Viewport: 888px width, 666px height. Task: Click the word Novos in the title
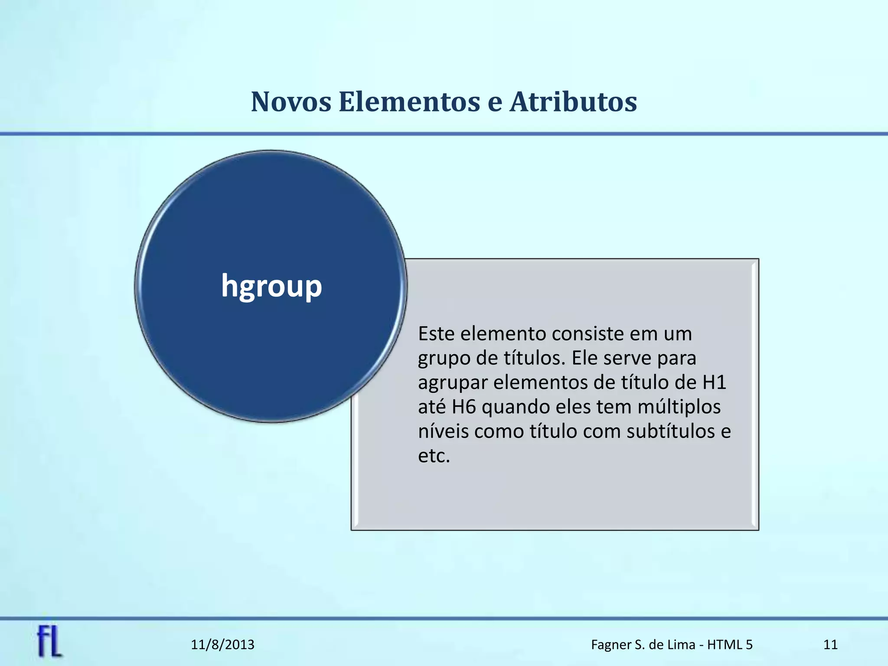[291, 102]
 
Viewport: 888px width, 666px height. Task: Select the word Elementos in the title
[409, 102]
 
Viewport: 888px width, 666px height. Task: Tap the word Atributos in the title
[573, 102]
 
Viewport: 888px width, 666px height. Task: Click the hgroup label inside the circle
[271, 286]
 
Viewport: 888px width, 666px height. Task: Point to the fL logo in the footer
[49, 642]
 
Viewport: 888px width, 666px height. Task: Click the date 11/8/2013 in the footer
[222, 645]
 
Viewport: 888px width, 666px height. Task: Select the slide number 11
[830, 645]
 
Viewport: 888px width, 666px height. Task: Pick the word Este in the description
[436, 334]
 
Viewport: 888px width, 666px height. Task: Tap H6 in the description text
[464, 407]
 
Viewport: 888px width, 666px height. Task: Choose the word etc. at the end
[434, 456]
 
